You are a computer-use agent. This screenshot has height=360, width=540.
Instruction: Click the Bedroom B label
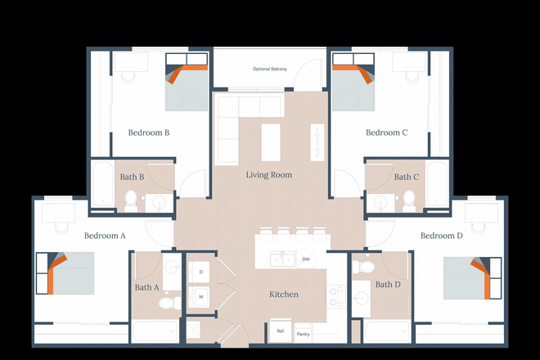click(149, 133)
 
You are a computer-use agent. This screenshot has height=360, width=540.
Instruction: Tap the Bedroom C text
click(386, 133)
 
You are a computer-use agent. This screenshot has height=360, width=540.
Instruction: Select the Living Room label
click(268, 175)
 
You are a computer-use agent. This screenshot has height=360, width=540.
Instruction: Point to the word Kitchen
click(284, 295)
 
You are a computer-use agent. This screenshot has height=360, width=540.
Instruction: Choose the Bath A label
click(146, 287)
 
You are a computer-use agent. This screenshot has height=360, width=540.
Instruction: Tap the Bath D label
click(388, 285)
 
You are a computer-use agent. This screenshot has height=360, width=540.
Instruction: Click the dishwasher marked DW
click(306, 259)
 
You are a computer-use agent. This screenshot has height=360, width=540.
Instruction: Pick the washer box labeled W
click(201, 296)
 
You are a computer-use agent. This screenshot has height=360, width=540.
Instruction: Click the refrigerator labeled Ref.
click(280, 331)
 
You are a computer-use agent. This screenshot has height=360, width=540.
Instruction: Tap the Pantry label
click(303, 334)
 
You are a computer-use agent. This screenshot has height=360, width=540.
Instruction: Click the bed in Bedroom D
click(467, 278)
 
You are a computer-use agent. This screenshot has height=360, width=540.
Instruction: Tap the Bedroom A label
click(105, 236)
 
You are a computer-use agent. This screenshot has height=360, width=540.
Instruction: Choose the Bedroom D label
click(441, 236)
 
